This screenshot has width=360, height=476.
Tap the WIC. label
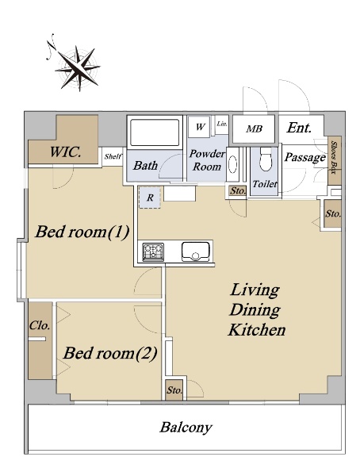[x=66, y=152]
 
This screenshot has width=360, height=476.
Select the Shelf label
[x=113, y=156]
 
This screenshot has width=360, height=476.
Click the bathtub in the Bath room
[x=155, y=132]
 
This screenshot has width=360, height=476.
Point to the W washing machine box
[x=199, y=126]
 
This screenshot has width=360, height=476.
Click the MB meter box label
[x=254, y=129]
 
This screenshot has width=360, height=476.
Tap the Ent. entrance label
[x=299, y=128]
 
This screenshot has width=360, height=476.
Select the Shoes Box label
[x=334, y=157]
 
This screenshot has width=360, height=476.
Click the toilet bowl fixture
[x=265, y=160]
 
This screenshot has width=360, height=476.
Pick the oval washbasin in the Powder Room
[x=233, y=164]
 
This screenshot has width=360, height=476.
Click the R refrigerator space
[x=150, y=198]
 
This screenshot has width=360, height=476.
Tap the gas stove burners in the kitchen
[x=153, y=251]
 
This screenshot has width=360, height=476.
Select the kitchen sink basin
[x=196, y=251]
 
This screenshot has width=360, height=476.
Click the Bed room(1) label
[x=82, y=232]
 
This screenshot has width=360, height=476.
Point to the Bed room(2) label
[x=110, y=353]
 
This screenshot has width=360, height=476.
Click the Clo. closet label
[x=40, y=325]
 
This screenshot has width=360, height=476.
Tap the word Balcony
[x=186, y=427]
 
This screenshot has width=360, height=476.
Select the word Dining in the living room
[x=255, y=310]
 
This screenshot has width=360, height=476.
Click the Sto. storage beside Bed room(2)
[x=174, y=390]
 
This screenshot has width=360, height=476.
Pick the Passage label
[x=304, y=157]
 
